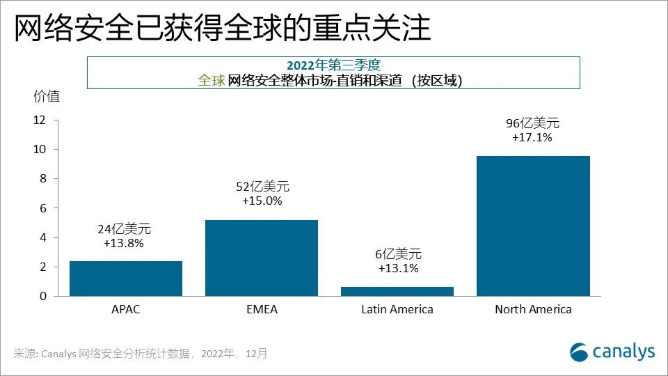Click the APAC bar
click(126, 279)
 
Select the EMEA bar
click(262, 258)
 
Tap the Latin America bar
click(397, 291)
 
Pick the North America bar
click(533, 226)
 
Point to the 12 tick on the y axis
click(39, 120)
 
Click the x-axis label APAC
click(126, 309)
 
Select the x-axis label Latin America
click(397, 309)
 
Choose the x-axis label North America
click(533, 309)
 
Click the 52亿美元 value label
click(262, 187)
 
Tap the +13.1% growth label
click(398, 269)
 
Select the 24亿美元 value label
click(124, 229)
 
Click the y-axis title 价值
click(47, 97)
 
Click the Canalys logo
click(612, 352)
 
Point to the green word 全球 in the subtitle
click(212, 80)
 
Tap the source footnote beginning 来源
click(139, 354)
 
